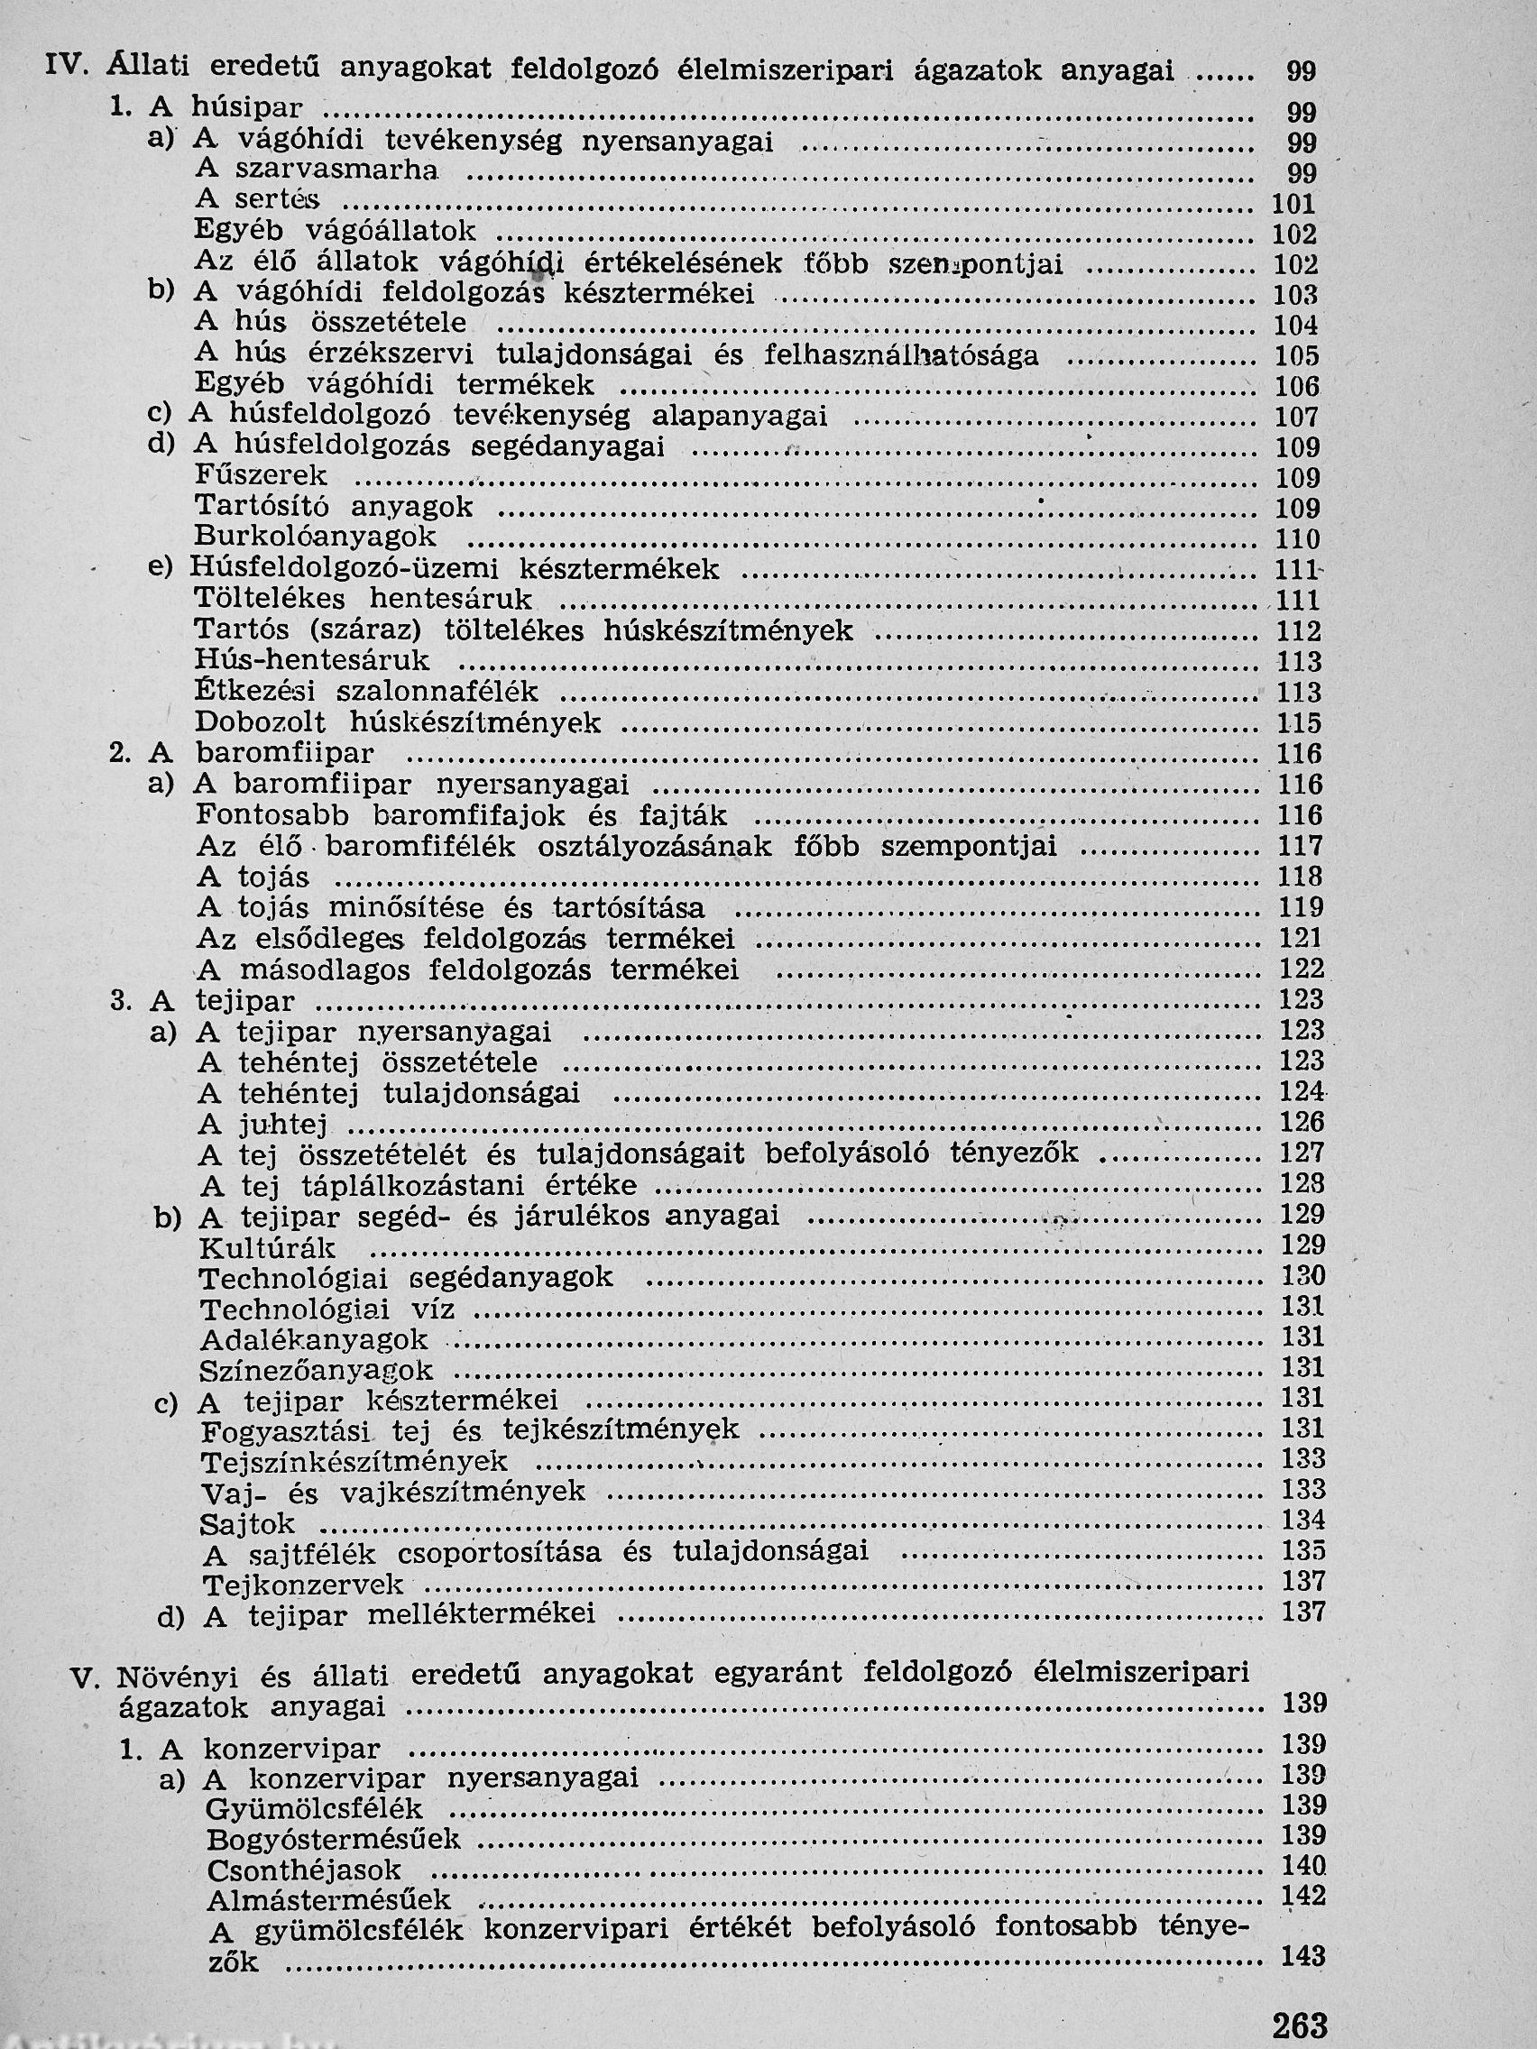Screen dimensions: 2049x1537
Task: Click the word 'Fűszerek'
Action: (x=262, y=476)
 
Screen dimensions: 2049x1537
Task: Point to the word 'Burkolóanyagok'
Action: (x=315, y=538)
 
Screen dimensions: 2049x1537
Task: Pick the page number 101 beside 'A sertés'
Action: (x=1295, y=205)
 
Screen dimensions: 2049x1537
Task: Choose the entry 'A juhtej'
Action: (x=263, y=1125)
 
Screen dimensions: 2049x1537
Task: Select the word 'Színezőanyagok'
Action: (x=317, y=1370)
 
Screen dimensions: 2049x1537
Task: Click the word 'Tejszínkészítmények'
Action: (x=354, y=1462)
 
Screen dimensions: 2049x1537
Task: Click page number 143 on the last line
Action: (x=1303, y=1957)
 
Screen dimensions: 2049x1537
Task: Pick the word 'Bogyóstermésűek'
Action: (x=334, y=1840)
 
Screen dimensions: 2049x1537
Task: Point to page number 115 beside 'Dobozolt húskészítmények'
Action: (x=1299, y=723)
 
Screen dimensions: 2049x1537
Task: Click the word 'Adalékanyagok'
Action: (x=314, y=1339)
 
